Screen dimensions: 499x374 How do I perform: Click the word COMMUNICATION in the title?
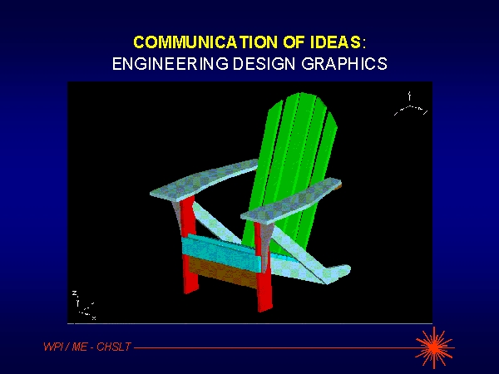[205, 42]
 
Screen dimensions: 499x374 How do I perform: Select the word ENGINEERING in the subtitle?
[170, 64]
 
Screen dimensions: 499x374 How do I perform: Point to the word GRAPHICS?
[344, 64]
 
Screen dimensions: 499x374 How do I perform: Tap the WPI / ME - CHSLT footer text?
[87, 347]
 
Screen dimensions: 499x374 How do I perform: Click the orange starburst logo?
[435, 347]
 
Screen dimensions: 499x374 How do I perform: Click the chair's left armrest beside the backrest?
[204, 180]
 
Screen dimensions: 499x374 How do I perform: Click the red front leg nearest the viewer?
[264, 267]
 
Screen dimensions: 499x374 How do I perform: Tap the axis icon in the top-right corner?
[410, 105]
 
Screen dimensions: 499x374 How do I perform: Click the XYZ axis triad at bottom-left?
[83, 305]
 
